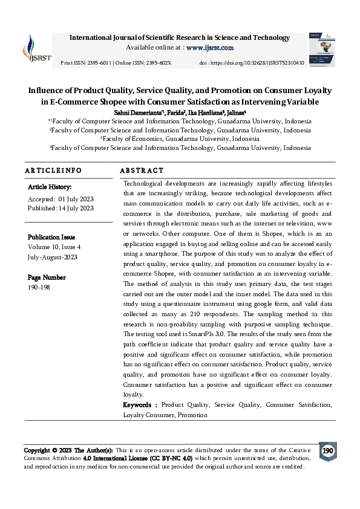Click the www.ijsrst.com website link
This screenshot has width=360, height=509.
pos(210,47)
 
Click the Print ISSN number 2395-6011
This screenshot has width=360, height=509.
pos(97,63)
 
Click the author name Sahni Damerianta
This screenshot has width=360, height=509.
pos(139,112)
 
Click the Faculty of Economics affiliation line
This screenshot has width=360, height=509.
pos(180,138)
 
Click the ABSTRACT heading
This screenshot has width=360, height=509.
pos(142,171)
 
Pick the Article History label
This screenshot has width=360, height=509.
pos(50,187)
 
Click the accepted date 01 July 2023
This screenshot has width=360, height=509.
pos(76,199)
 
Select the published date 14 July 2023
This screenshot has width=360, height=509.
pos(74,208)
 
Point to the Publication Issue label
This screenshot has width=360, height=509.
pos(54,238)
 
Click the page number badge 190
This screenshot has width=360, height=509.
pos(327,451)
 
